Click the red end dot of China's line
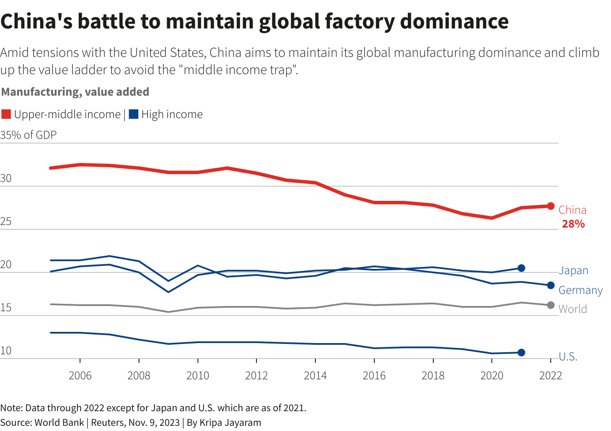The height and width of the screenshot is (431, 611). (550, 206)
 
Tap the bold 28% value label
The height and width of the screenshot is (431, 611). (573, 224)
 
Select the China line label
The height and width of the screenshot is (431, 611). (572, 210)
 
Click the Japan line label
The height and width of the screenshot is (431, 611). (573, 271)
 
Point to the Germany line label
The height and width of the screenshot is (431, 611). (580, 290)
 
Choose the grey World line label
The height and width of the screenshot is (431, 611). (572, 309)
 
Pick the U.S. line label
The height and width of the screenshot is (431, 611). (568, 356)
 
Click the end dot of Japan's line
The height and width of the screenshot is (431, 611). (521, 268)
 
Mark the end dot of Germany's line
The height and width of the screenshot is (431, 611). (550, 285)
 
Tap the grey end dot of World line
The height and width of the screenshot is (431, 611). (550, 305)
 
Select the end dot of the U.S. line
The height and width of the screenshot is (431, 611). (521, 353)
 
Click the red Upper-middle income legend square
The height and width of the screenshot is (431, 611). (6, 114)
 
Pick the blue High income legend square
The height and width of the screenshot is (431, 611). (133, 114)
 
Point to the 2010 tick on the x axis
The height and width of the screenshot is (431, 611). (197, 375)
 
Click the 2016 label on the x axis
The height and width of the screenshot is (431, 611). (374, 375)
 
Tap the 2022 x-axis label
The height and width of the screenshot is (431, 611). (550, 375)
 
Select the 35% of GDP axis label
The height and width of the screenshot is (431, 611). (28, 135)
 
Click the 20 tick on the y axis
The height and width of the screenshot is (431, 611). (6, 265)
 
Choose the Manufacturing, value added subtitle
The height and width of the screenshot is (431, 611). (75, 92)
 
